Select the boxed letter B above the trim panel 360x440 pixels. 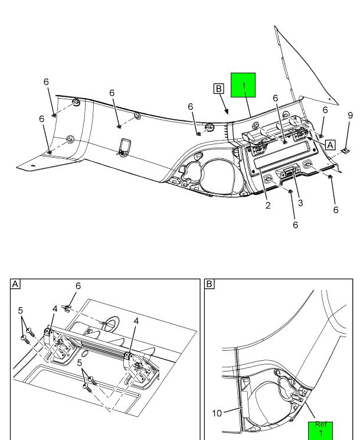click(x=219, y=89)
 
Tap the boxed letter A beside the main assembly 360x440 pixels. click(x=329, y=144)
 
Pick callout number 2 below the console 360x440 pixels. click(x=268, y=206)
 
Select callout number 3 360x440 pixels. click(x=300, y=203)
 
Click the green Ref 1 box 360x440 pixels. click(x=320, y=430)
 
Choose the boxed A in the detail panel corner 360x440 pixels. click(x=16, y=284)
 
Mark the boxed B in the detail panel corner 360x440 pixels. click(x=209, y=284)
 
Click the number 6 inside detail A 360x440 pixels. click(x=78, y=286)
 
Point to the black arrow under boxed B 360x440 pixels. click(x=225, y=109)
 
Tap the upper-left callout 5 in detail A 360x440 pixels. click(x=20, y=310)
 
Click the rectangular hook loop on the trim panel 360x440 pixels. click(x=125, y=146)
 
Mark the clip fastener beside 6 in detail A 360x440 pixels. click(x=69, y=307)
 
